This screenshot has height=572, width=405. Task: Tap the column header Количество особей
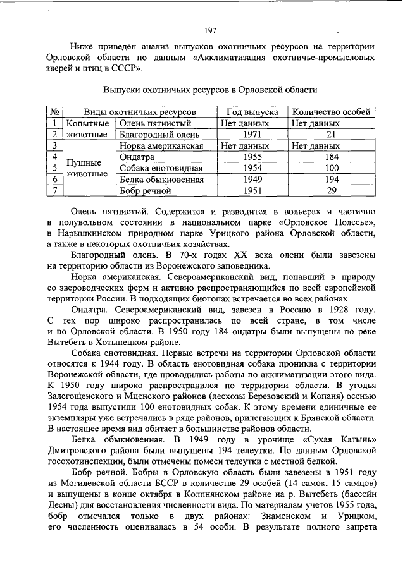pyautogui.click(x=332, y=112)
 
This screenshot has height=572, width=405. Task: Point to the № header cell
pyautogui.click(x=55, y=112)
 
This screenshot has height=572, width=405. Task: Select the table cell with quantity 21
pyautogui.click(x=331, y=135)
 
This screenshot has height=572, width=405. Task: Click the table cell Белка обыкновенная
pyautogui.click(x=161, y=179)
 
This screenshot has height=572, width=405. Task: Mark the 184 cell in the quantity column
pyautogui.click(x=331, y=157)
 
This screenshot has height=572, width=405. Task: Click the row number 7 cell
pyautogui.click(x=55, y=190)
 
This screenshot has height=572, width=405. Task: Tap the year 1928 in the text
pyautogui.click(x=343, y=310)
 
